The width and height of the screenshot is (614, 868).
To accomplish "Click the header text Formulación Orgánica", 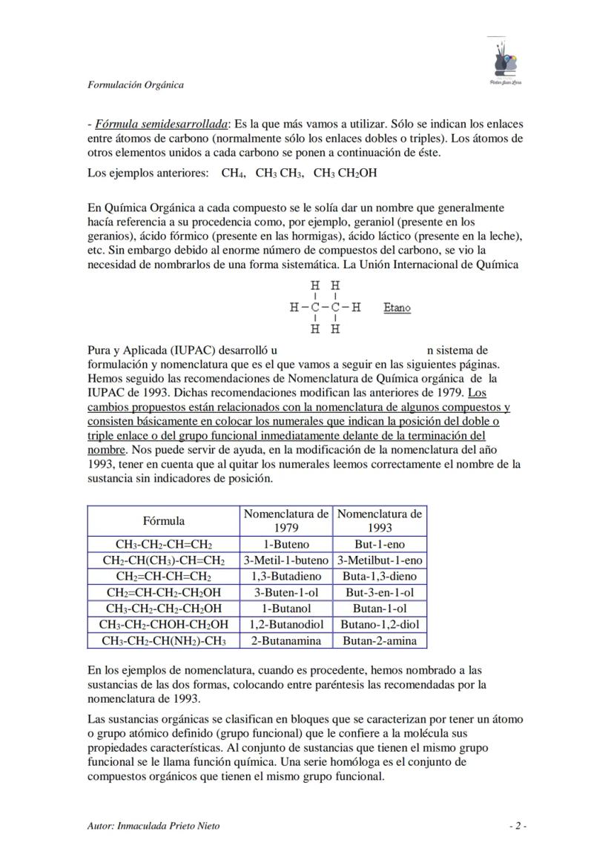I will (x=135, y=85).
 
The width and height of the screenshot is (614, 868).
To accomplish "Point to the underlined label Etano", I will (x=397, y=308).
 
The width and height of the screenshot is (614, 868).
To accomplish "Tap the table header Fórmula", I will (x=164, y=521).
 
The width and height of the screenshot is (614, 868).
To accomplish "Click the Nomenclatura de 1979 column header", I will (x=286, y=521).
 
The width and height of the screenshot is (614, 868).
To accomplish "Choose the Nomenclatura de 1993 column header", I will (x=380, y=521).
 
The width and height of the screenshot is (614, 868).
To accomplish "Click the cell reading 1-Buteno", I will (x=286, y=545).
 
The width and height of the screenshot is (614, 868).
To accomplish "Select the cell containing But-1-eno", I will (x=380, y=545).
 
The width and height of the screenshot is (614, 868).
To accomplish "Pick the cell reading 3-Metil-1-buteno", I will (x=286, y=561).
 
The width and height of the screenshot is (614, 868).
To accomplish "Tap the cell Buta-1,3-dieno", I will (x=380, y=577).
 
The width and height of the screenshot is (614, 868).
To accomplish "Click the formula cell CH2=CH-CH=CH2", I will (x=164, y=577).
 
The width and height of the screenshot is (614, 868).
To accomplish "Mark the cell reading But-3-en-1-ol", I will (x=380, y=593).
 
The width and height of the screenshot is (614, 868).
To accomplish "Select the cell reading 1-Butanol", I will (x=286, y=609).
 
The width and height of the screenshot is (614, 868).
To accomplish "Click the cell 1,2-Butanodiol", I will (x=286, y=625).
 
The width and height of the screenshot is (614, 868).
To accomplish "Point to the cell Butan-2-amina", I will (x=380, y=641).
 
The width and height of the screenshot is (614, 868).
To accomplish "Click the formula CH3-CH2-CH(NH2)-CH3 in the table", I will (x=164, y=641).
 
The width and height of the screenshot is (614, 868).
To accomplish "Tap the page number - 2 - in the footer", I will (x=518, y=826).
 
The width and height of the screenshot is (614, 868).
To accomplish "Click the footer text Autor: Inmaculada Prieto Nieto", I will (x=153, y=826).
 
